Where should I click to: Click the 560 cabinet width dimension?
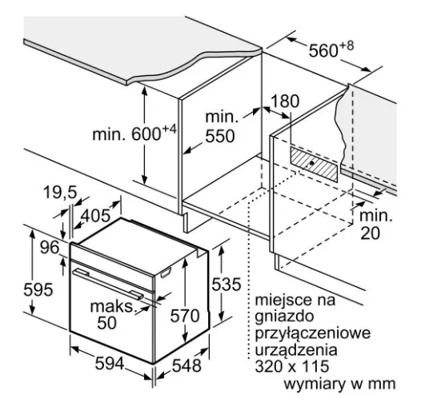pos(331,50)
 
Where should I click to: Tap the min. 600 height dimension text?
pos(134,134)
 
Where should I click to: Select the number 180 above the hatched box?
pos(285,101)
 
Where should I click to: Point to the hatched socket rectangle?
pos(314,164)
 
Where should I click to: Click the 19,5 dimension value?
pos(60,192)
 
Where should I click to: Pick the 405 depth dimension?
pos(95,215)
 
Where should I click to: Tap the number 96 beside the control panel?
pos(50,247)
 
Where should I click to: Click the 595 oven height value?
pos(38,289)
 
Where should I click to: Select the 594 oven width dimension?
pos(110,363)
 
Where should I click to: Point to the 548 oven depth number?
pos(186,365)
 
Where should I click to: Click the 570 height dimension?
pos(185,316)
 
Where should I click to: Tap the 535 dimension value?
pos(227,284)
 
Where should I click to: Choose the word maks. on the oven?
pos(114,306)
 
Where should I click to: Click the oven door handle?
pos(108,284)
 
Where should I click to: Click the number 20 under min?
pos(371,233)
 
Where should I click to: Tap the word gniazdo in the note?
pos(284,317)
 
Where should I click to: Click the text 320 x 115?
pos(292,366)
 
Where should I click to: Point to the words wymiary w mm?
pos(339,384)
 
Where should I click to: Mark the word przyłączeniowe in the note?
pos(313,333)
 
